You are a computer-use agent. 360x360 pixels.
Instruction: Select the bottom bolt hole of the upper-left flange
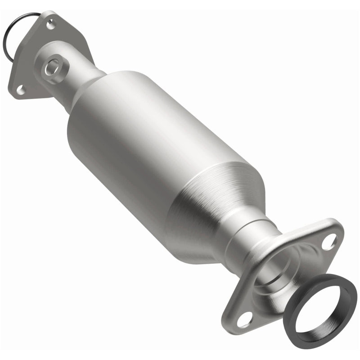tap(21, 90)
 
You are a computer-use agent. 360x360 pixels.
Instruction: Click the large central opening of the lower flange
tap(279, 274)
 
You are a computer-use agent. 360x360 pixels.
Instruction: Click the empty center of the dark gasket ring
tap(320, 310)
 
